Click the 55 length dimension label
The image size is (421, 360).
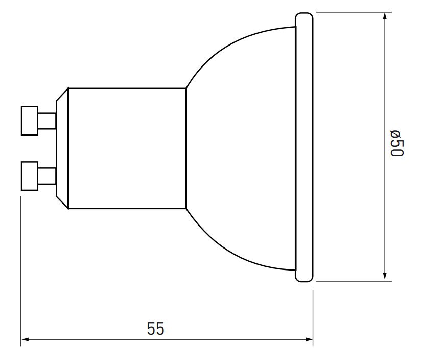155,329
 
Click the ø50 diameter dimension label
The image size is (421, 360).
397,144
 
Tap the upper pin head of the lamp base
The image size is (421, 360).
30,121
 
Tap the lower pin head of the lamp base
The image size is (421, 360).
30,176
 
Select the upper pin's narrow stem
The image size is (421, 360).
47,121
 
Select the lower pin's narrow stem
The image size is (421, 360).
47,176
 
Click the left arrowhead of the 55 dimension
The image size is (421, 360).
25,339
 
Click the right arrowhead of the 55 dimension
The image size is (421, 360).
309,339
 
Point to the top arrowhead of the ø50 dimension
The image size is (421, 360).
385,16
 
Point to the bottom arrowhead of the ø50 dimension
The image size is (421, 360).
385,276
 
